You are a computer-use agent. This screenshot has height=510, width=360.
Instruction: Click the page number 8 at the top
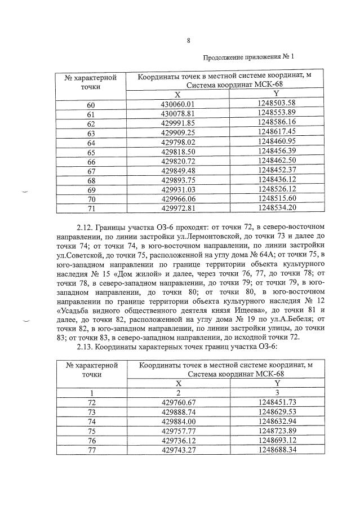pos(188,39)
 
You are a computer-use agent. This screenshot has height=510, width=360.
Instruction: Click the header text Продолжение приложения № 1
pos(249,57)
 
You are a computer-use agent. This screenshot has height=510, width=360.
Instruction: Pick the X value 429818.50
pos(177,151)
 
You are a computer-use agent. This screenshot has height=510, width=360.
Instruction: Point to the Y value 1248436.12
pos(277,179)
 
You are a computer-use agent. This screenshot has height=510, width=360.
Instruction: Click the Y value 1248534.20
pos(277,208)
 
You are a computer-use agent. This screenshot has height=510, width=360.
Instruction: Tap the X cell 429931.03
pos(177,189)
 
